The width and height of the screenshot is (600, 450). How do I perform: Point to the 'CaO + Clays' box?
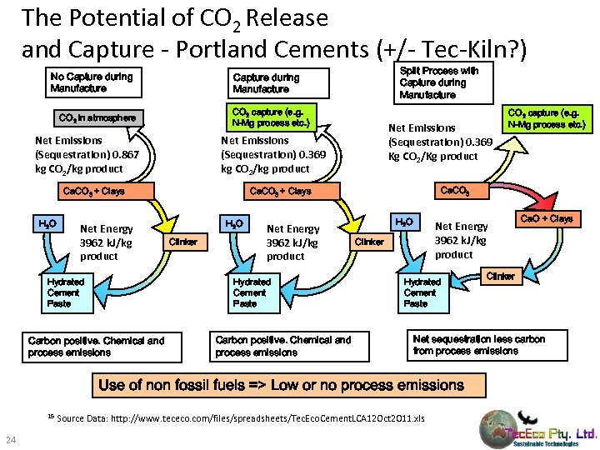(545, 219)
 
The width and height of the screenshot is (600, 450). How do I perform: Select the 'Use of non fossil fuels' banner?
(287, 385)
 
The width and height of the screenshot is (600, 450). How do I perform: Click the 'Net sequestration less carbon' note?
(478, 345)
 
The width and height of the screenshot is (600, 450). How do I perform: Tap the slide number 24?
(12, 440)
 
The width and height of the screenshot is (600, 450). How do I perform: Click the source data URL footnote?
(242, 417)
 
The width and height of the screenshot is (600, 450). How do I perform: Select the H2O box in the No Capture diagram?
(47, 224)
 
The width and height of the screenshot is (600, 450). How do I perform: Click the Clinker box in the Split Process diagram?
(500, 276)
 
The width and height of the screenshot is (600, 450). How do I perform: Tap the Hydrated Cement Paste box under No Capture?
(65, 293)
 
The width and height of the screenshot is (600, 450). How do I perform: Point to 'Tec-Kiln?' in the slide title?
(481, 50)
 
